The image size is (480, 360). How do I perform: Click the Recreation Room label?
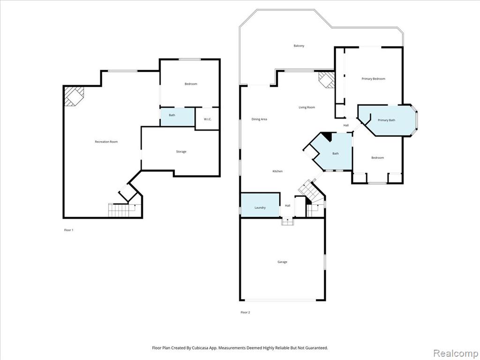(x=106, y=142)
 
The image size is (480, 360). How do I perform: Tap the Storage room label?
(x=181, y=151)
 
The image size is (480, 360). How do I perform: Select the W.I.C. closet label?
(x=208, y=119)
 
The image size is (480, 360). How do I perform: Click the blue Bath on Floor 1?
(x=178, y=117)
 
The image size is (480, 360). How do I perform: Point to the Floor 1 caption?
(x=68, y=230)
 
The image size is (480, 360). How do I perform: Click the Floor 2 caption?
(x=245, y=312)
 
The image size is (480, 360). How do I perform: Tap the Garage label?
(x=282, y=262)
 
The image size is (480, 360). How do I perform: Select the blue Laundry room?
(x=260, y=205)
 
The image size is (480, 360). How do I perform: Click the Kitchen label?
(x=277, y=171)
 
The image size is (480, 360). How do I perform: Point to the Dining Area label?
(x=259, y=119)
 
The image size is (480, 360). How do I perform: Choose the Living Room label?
(x=307, y=107)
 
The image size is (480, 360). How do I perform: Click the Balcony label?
(x=299, y=45)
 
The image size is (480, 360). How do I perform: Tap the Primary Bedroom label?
(x=374, y=79)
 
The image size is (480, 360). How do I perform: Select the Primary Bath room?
(x=387, y=120)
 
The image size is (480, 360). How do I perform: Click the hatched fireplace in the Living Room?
(x=326, y=80)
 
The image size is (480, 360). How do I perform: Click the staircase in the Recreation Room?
(x=122, y=210)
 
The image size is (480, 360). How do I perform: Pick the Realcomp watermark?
(x=456, y=353)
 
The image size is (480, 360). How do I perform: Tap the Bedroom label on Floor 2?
(x=377, y=157)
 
